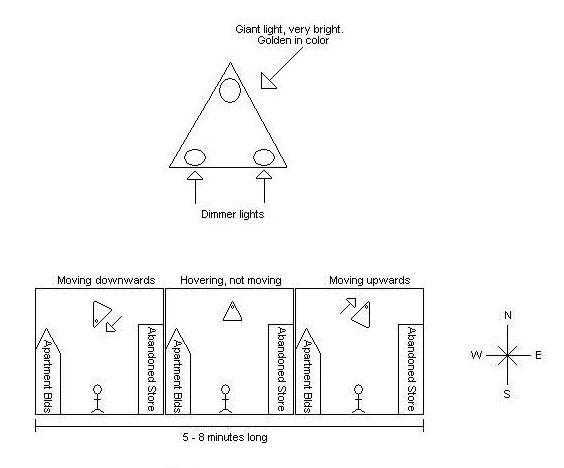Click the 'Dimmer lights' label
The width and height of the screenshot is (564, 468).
232,214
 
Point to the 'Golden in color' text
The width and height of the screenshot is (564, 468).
293,40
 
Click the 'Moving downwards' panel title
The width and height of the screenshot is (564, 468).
106,280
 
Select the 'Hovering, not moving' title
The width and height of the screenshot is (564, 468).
231,280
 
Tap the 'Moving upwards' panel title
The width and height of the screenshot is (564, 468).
370,280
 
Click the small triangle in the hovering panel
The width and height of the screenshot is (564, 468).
232,312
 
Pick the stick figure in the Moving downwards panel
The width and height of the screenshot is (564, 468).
97,399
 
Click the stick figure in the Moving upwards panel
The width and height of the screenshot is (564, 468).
358,399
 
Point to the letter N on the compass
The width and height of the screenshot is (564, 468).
508,315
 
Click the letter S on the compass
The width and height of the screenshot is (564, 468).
507,394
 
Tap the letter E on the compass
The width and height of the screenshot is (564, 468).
538,355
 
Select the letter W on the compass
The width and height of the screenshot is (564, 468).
476,355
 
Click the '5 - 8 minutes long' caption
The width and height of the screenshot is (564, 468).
225,437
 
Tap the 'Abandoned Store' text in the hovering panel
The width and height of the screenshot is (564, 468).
281,369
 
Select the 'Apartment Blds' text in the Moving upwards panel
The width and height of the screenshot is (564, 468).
308,376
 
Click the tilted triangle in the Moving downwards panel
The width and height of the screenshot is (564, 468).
102,314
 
